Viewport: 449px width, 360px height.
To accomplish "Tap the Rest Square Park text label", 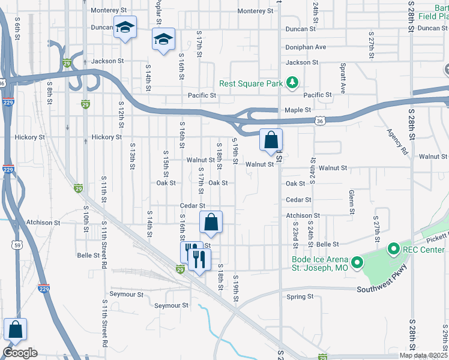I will click(x=250, y=83).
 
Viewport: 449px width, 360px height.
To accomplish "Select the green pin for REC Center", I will click(x=394, y=248).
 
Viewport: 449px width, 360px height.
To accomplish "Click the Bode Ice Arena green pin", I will click(x=357, y=262).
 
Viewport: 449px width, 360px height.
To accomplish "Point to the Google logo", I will click(x=20, y=353).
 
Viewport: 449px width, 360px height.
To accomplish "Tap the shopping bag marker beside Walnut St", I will click(x=271, y=141).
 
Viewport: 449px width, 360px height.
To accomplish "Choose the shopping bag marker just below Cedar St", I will click(x=211, y=223).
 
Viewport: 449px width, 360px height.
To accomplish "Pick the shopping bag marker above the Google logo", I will click(x=15, y=330).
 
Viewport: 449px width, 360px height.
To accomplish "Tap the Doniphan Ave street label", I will click(x=306, y=47).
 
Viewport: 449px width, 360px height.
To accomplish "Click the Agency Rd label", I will click(x=397, y=142).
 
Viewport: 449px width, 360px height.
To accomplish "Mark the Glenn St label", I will click(x=351, y=202).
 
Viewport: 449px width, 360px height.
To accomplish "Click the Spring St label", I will click(x=300, y=296).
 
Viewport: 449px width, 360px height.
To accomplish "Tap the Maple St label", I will click(x=298, y=110).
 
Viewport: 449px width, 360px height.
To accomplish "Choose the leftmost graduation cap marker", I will click(x=125, y=28).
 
